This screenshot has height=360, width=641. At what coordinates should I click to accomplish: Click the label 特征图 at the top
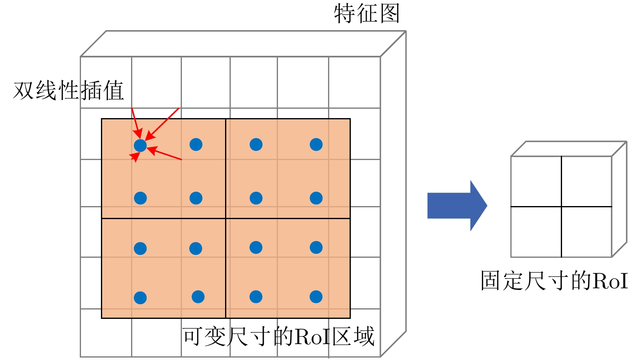[367, 13]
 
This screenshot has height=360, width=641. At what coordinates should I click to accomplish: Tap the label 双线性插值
[68, 90]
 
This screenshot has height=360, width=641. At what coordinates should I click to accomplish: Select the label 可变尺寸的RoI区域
[278, 337]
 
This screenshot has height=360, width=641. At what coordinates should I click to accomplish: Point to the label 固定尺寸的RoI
[554, 281]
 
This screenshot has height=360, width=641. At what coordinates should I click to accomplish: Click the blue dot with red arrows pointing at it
[140, 145]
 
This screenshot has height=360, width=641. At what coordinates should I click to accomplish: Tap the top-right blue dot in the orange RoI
[316, 145]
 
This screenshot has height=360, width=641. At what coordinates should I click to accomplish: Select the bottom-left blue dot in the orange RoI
[140, 298]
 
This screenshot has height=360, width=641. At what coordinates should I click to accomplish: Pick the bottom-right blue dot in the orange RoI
[316, 297]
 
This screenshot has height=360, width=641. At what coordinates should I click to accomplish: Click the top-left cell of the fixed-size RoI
[536, 181]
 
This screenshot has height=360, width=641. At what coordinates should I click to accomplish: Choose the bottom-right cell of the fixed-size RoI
[586, 232]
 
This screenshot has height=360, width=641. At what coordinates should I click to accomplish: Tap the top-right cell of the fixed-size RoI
[586, 181]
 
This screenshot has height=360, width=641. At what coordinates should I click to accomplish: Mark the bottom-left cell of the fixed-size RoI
[536, 232]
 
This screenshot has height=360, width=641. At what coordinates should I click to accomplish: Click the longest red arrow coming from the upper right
[162, 124]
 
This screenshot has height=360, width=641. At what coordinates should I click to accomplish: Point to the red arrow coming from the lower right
[165, 154]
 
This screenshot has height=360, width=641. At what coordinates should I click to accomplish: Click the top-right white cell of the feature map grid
[354, 82]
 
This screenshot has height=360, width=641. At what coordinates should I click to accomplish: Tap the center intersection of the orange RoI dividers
[225, 219]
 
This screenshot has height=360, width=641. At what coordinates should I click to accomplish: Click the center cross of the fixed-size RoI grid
[561, 206]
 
